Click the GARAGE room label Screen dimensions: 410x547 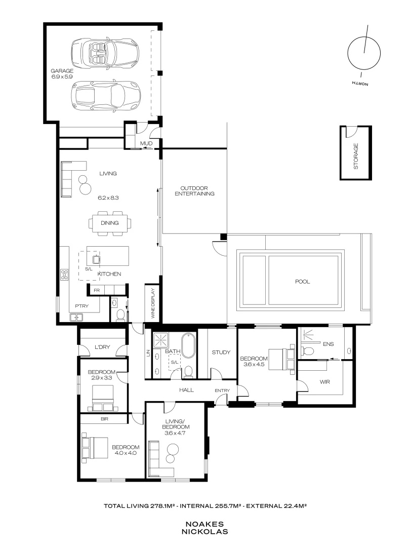click(x=62, y=71)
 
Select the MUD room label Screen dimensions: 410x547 click(x=146, y=143)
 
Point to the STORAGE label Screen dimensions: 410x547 click(x=356, y=157)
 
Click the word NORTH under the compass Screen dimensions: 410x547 click(x=360, y=84)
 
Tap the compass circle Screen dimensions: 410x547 click(x=364, y=53)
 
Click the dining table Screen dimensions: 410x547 click(x=110, y=223)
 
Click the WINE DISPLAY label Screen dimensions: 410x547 click(x=153, y=303)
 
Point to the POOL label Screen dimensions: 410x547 click(x=302, y=282)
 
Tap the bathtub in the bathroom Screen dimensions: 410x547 click(x=189, y=345)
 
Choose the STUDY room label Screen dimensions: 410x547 click(x=221, y=353)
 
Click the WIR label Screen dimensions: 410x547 click(x=324, y=382)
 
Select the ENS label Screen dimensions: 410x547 click(x=328, y=344)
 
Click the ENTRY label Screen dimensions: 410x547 click(x=222, y=390)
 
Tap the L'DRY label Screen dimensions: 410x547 click(x=102, y=347)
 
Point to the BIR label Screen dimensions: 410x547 click(x=104, y=419)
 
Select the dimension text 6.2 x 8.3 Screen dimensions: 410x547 click(x=108, y=198)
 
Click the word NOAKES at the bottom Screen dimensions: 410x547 click(x=204, y=524)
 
